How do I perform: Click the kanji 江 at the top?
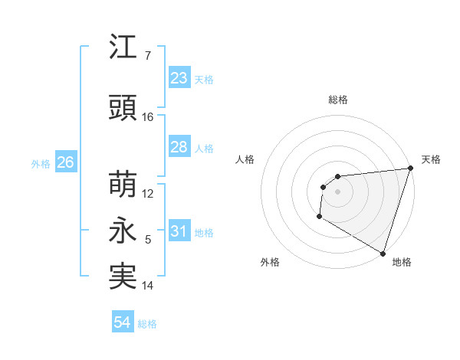coord(123,48)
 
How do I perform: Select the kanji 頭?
coord(123,109)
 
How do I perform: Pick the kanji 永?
coord(123,233)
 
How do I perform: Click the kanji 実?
coord(123,277)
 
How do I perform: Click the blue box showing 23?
coord(179,78)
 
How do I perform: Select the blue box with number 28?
coord(179,147)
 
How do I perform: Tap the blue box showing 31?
coord(179,231)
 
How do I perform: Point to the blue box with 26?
coord(65,162)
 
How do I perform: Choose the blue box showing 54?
coord(123,322)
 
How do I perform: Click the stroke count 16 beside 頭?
coord(148,117)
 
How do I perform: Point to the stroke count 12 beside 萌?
coord(148,194)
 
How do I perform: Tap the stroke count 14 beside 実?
coord(148,286)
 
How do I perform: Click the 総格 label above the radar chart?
coord(337,100)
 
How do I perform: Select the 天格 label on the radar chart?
coord(431,159)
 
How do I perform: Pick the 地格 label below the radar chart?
coord(402,263)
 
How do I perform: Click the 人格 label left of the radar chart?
coord(245,159)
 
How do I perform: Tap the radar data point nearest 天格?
coord(410,169)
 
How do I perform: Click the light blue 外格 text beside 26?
coord(41,163)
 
